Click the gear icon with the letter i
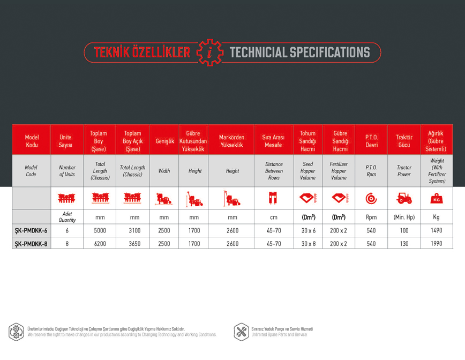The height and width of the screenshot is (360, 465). [x=210, y=52]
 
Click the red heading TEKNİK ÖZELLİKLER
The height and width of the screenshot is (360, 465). [x=142, y=52]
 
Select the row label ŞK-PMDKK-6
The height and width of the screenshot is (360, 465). [x=31, y=230]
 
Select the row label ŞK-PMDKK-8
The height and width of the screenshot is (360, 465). [x=31, y=244]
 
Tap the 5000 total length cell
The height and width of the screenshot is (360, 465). [x=100, y=230]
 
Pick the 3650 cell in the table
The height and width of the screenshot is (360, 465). [x=134, y=244]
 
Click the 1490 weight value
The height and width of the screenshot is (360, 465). [x=437, y=230]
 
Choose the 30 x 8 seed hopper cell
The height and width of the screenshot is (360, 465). [x=309, y=244]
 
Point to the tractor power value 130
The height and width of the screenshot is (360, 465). [x=404, y=244]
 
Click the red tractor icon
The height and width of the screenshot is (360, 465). [x=404, y=198]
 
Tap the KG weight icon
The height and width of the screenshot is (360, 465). [x=437, y=198]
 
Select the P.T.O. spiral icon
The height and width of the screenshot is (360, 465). [x=371, y=198]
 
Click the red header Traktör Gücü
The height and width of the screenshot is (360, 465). [x=404, y=141]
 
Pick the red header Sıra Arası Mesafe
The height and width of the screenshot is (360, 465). [x=273, y=141]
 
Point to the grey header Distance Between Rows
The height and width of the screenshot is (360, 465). [x=274, y=171]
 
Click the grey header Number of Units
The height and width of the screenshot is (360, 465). [x=67, y=171]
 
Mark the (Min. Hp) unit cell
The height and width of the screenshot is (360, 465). [x=404, y=217]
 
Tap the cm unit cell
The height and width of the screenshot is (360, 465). [x=274, y=217]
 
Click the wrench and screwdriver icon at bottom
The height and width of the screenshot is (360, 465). [x=242, y=332]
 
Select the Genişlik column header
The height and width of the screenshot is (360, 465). [x=165, y=141]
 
